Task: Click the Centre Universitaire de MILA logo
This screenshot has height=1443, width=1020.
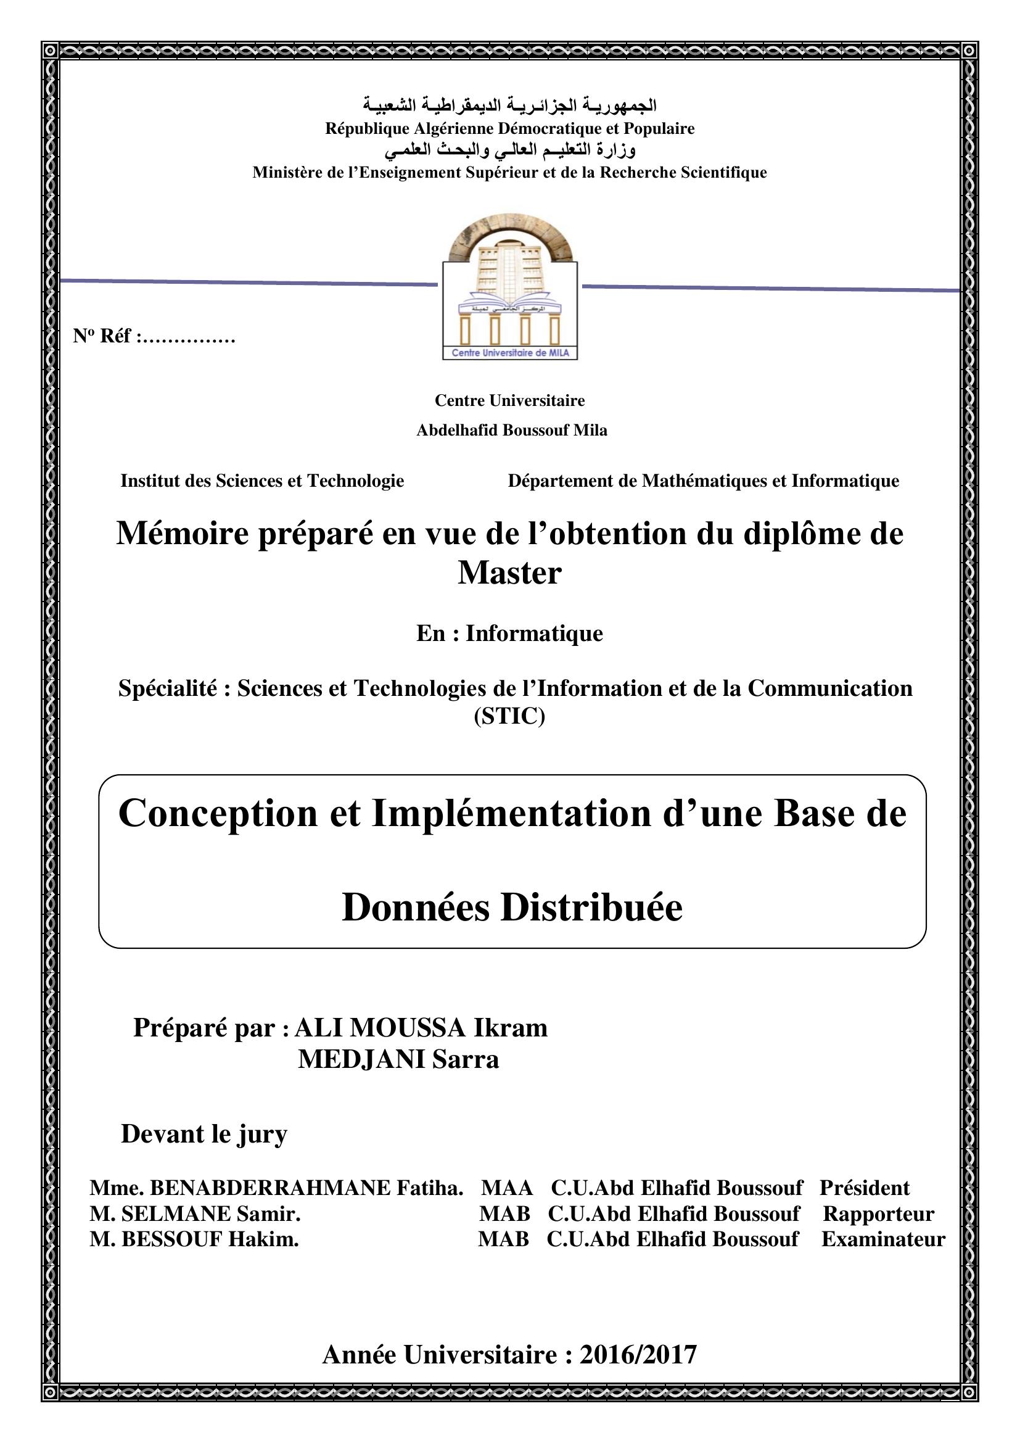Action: coord(509,289)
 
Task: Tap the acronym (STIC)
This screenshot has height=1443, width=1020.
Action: coord(509,716)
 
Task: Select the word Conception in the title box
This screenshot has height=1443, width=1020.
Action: coord(218,814)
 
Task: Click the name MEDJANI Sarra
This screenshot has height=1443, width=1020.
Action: coord(398,1059)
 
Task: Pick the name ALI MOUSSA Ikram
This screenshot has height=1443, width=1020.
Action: coord(421,1028)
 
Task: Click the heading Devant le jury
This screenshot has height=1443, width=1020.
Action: coord(204,1134)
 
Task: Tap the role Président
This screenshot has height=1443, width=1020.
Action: coord(864,1188)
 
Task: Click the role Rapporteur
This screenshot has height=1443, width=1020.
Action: coord(878,1214)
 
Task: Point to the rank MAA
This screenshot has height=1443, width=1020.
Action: coord(507,1188)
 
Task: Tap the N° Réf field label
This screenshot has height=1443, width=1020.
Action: coord(102,336)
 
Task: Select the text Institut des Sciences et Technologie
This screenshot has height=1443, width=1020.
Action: coord(262,481)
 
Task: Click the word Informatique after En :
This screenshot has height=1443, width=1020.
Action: coord(534,633)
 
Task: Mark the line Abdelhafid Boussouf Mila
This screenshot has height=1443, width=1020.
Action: coord(512,430)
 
